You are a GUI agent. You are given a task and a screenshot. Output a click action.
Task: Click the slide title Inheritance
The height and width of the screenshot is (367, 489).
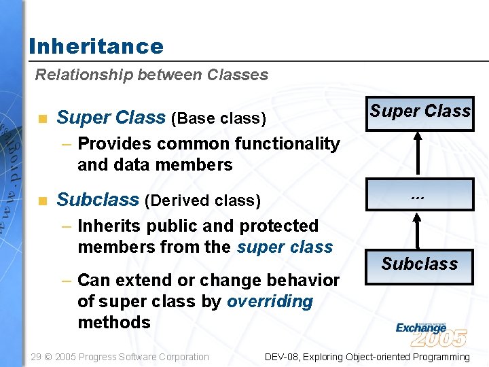96,46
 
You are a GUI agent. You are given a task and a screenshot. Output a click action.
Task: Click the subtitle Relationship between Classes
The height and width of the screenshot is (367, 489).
151,75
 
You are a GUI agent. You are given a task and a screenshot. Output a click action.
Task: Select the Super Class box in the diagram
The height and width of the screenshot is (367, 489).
420,111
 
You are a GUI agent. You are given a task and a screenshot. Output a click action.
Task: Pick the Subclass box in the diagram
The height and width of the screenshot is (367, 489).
420,264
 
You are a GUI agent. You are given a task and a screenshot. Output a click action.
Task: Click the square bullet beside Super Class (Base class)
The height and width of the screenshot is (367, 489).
43,119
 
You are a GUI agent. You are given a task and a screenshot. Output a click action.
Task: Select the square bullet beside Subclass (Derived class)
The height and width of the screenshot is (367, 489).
43,200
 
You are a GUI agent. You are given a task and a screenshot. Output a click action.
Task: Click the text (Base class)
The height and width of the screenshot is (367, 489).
218,119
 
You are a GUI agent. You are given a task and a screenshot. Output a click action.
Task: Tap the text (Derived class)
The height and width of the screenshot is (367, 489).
202,200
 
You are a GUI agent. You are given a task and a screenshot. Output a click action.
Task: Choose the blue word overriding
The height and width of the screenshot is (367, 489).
270,301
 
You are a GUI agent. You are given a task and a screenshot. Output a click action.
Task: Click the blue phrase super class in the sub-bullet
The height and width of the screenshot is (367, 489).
285,247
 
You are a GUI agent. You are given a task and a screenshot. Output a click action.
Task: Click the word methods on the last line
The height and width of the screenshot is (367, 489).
114,322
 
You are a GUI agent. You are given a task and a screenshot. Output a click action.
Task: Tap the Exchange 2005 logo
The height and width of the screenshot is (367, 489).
431,334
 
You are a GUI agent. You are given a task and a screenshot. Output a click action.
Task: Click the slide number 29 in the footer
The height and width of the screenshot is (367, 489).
37,357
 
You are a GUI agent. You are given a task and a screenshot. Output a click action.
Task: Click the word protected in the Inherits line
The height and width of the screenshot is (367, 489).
279,226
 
